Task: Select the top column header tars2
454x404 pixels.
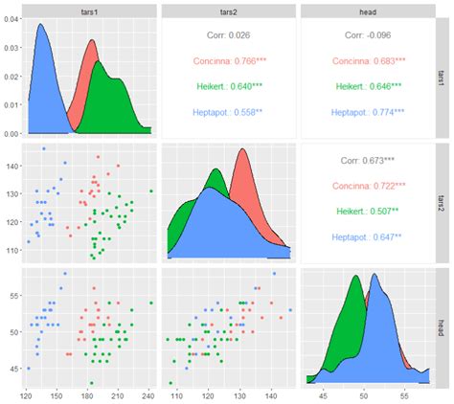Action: pyautogui.click(x=226, y=9)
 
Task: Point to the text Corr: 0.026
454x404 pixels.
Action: pyautogui.click(x=226, y=35)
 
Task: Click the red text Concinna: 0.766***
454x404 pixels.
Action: pyautogui.click(x=226, y=61)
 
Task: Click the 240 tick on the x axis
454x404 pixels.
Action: pyautogui.click(x=148, y=393)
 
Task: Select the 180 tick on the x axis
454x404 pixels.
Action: pyautogui.click(x=87, y=393)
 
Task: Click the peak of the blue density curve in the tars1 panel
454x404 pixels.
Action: pyautogui.click(x=41, y=25)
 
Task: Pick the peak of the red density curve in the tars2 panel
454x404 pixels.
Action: pyautogui.click(x=241, y=149)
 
